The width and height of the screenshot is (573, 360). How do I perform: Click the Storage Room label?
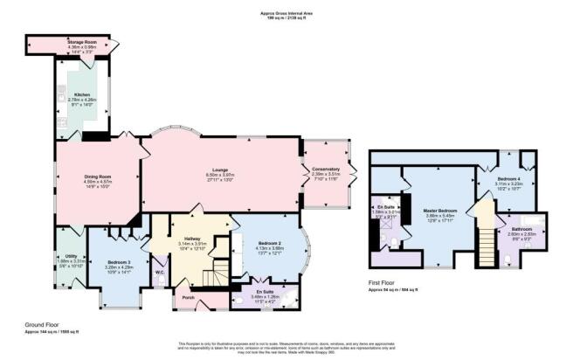tap(81, 41)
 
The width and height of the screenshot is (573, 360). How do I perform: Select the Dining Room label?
tap(97, 177)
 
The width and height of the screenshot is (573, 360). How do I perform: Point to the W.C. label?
tap(160, 272)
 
